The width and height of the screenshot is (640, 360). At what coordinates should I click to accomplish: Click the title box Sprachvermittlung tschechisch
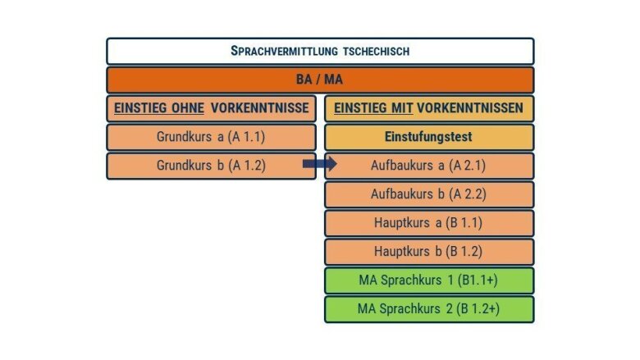[320, 52]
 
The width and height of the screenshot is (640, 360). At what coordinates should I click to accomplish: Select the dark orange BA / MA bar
[320, 80]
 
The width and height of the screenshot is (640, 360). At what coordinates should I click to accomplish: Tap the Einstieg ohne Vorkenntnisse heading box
[211, 108]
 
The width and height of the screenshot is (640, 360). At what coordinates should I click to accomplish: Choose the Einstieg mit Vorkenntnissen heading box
[429, 108]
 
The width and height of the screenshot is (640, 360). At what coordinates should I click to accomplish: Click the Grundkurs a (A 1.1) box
[211, 137]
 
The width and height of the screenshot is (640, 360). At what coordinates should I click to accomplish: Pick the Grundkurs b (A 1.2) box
[211, 166]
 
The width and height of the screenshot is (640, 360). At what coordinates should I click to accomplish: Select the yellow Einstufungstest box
[429, 137]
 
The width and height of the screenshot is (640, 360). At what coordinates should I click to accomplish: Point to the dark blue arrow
[320, 164]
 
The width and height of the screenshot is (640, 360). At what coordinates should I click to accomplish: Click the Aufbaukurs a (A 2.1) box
[429, 166]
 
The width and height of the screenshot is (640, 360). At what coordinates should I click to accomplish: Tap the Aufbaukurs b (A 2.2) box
[429, 194]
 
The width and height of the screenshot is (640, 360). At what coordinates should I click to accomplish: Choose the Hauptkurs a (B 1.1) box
[429, 223]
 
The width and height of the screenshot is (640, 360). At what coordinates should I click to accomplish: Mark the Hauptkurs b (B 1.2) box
[429, 252]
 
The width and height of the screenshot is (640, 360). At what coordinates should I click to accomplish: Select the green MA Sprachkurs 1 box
[429, 280]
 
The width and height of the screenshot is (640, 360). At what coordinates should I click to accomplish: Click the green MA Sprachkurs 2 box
[429, 309]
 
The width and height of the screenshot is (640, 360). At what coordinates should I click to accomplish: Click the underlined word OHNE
[187, 108]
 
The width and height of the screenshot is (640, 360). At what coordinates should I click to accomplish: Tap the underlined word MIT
[402, 108]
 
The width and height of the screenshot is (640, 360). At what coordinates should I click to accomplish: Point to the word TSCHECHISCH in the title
[376, 52]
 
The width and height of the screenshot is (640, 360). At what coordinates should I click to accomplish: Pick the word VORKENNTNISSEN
[470, 108]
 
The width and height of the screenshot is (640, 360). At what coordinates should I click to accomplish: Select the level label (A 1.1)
[246, 137]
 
